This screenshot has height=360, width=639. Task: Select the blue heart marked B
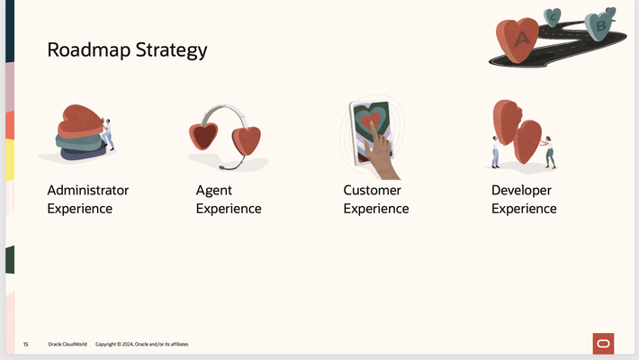click(600, 26)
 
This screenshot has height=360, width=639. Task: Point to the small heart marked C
click(553, 15)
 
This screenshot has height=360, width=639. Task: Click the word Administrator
click(87, 191)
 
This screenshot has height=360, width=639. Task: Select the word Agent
click(214, 191)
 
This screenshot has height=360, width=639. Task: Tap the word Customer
click(373, 191)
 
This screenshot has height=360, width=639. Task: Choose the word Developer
click(521, 191)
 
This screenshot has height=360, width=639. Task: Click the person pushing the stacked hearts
click(108, 133)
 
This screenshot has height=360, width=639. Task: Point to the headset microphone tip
click(221, 168)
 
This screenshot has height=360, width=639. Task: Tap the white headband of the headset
click(223, 112)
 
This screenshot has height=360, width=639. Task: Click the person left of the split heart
click(495, 152)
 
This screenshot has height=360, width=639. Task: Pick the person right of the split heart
click(548, 152)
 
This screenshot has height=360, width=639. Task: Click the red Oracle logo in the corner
click(603, 343)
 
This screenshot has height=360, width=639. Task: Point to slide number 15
click(25, 345)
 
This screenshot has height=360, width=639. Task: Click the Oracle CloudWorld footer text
click(67, 345)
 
